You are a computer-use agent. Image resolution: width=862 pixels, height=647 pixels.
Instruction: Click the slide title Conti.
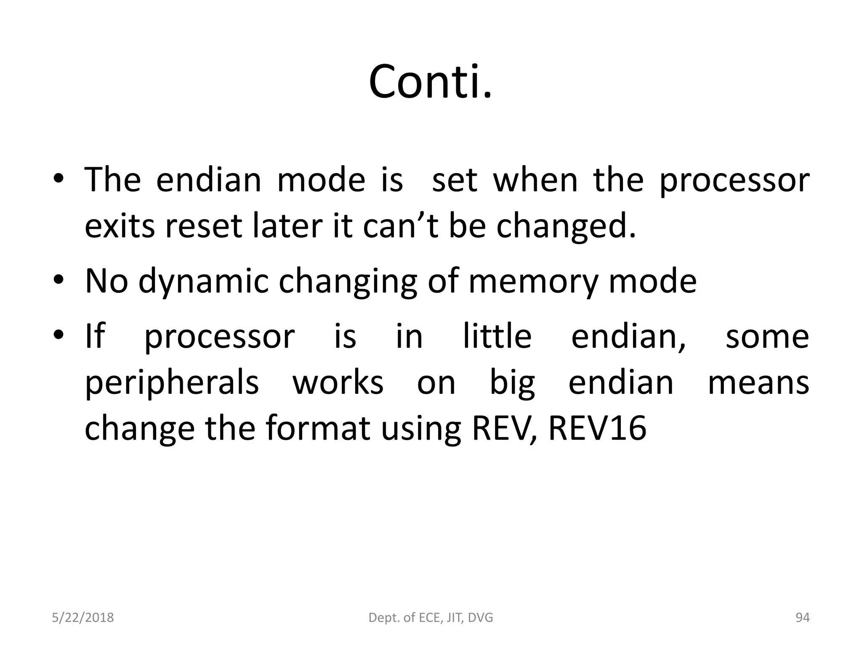(430, 82)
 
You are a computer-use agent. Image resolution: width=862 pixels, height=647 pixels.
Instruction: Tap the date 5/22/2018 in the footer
(83, 618)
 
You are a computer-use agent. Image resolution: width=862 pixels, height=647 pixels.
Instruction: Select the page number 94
(802, 618)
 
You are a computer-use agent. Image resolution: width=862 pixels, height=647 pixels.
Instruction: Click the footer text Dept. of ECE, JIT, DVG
(431, 618)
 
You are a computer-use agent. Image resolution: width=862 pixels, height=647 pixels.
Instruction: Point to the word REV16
(597, 428)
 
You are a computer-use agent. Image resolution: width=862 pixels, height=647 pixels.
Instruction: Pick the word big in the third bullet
(512, 383)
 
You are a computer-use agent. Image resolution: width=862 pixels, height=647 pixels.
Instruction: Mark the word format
(318, 428)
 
